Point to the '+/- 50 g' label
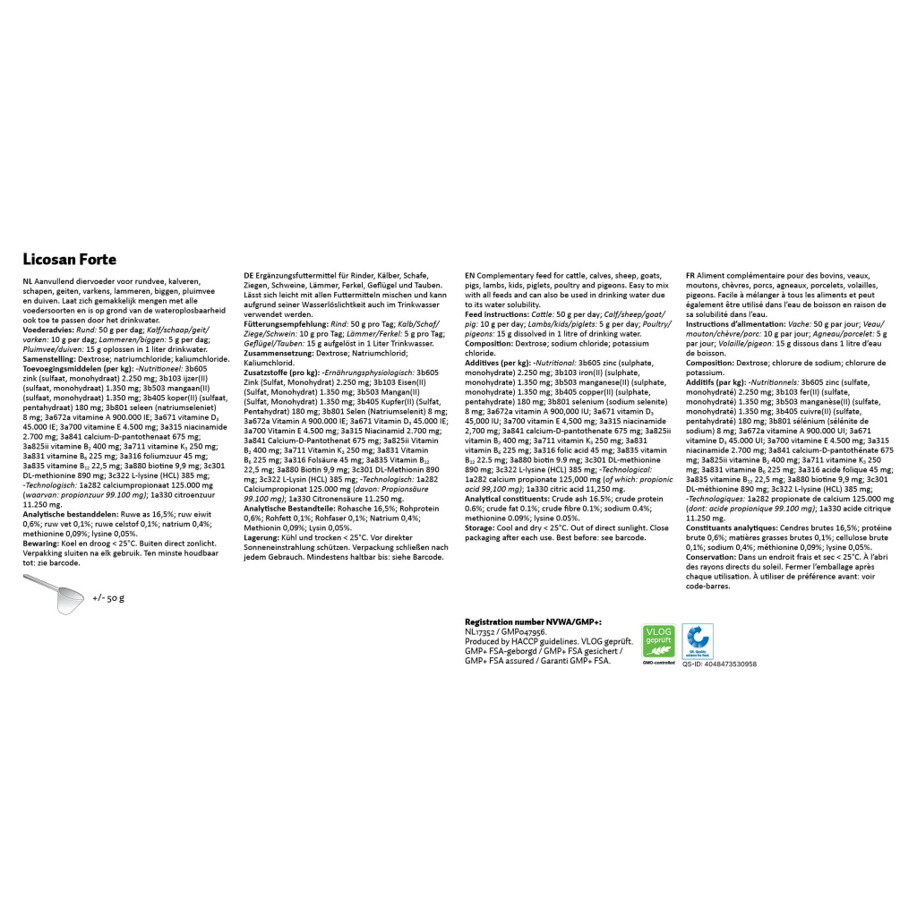point(108,596)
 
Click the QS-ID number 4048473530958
point(719,664)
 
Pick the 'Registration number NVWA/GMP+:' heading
point(533,621)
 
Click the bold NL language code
point(28,280)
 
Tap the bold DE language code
point(249,275)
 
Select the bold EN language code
point(470,275)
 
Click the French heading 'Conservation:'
point(717,557)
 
